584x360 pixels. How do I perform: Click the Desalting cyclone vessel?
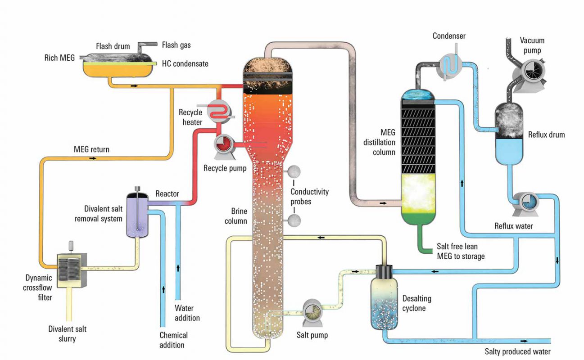tap(384, 301)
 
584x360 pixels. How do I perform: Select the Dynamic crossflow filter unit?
tap(71, 269)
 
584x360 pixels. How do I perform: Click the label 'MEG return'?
tap(91, 149)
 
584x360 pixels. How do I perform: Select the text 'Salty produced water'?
tap(517, 351)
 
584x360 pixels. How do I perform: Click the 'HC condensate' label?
tap(185, 64)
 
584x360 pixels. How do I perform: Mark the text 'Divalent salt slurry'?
tap(67, 334)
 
